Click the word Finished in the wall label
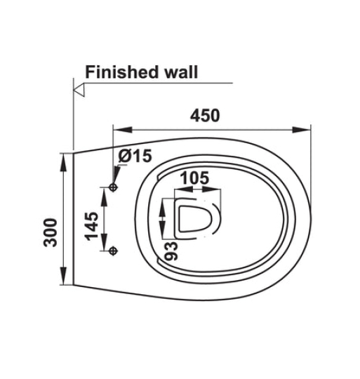tap(121, 72)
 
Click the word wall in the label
tap(181, 72)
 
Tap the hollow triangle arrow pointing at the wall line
tap(79, 90)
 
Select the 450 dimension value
tap(205, 116)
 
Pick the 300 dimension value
tap(51, 232)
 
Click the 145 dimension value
tap(91, 226)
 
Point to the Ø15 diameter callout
tap(135, 155)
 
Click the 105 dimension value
tap(195, 178)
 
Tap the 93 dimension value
tap(171, 251)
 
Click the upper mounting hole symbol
tap(113, 187)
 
